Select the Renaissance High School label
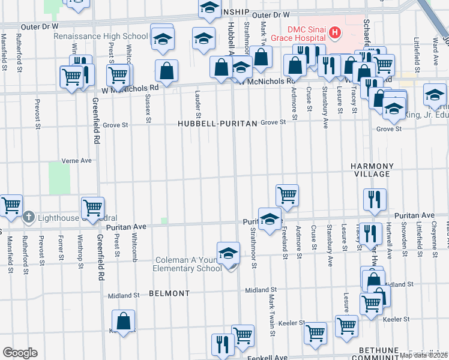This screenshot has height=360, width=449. tap(100, 36)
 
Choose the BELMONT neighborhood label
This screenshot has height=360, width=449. tap(169, 294)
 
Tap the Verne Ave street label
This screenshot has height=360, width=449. tap(77, 161)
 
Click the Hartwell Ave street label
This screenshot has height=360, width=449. tap(388, 244)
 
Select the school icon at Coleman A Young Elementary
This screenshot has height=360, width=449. tap(228, 254)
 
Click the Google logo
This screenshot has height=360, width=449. tap(20, 353)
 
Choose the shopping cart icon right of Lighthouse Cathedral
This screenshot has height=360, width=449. tap(92, 208)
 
